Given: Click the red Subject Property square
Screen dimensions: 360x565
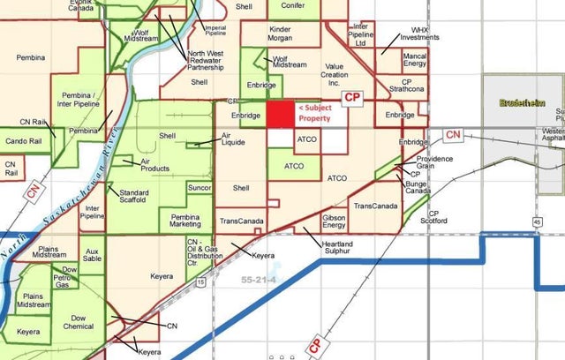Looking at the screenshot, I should (x=281, y=115).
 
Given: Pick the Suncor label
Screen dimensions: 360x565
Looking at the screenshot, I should (x=200, y=188).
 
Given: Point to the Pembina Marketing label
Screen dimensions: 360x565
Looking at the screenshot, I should (x=185, y=221).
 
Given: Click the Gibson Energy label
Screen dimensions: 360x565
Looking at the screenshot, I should (x=335, y=221).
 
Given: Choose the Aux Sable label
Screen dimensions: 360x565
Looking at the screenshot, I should (x=91, y=257).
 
